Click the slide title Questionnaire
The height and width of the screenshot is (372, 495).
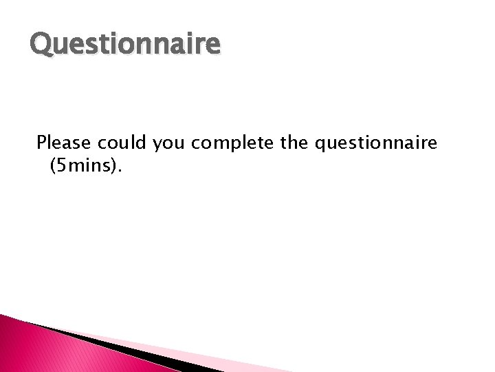click(x=126, y=45)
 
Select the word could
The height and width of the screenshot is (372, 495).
click(x=120, y=143)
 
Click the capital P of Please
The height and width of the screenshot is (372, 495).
click(x=42, y=143)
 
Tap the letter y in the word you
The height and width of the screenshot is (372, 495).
click(x=157, y=145)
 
